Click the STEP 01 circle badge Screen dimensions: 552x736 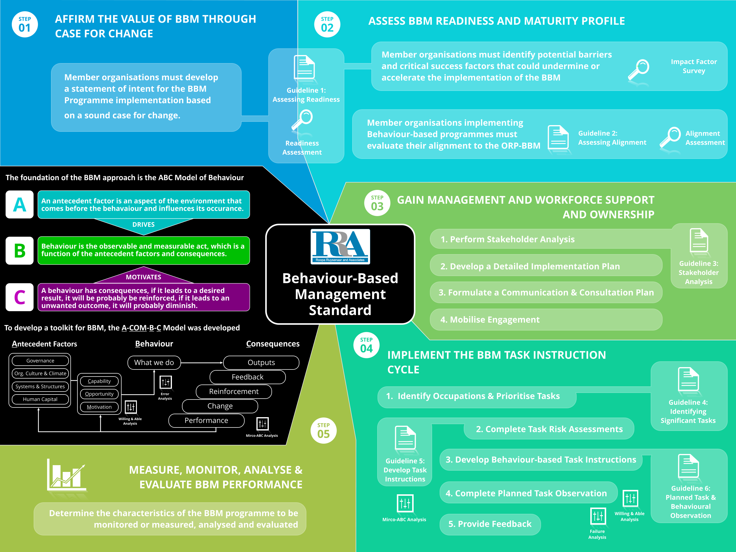point(25,24)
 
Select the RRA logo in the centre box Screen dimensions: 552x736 point(340,246)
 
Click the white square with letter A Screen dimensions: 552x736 point(20,204)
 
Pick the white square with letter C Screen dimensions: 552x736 point(20,297)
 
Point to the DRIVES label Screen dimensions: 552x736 point(143,225)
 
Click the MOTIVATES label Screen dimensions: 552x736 point(143,277)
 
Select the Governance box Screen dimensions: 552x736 point(40,361)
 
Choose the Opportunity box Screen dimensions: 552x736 point(99,394)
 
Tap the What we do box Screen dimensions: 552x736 point(154,362)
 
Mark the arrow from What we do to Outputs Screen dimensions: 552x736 point(202,362)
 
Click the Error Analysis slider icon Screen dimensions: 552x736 point(165,382)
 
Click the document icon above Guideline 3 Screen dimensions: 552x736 point(698,240)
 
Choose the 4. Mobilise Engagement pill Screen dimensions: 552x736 point(546,319)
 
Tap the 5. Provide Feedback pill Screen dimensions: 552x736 point(490,524)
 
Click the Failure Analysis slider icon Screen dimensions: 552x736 point(598,516)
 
